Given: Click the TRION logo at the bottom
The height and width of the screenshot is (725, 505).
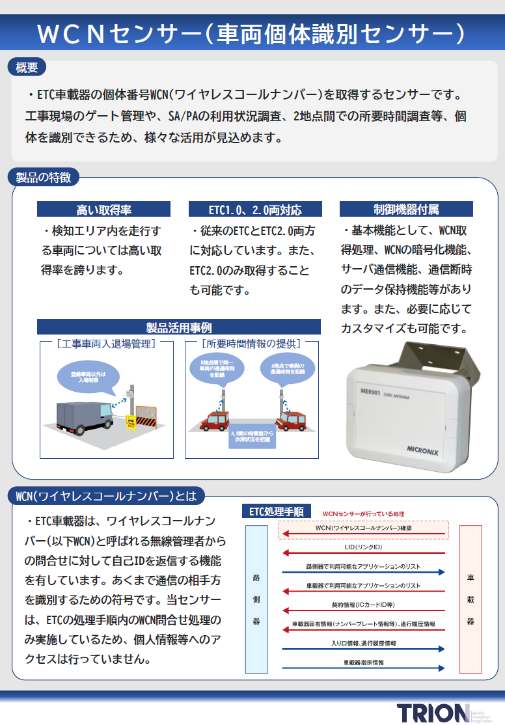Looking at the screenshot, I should click(433, 713).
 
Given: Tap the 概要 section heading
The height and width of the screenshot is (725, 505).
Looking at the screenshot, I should click(27, 66).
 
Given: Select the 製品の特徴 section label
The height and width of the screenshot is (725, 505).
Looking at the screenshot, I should click(44, 177).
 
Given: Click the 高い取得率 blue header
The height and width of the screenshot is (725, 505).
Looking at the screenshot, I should click(103, 210).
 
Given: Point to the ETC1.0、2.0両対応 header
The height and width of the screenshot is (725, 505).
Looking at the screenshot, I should click(255, 210).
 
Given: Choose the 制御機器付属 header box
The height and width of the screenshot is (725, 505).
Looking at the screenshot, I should click(406, 210).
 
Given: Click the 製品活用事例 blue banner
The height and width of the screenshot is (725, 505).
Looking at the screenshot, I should click(178, 327).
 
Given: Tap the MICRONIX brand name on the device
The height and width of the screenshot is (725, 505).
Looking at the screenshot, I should click(425, 448).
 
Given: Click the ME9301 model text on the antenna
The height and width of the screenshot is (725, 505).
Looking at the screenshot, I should click(369, 390).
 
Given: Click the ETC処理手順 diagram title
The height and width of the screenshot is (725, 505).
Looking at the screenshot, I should click(277, 512).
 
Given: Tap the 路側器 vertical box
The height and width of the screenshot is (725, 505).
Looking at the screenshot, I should click(256, 599).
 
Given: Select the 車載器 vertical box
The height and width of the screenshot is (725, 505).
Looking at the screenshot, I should click(471, 599).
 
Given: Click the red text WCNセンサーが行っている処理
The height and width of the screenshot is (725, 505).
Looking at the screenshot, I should click(363, 513).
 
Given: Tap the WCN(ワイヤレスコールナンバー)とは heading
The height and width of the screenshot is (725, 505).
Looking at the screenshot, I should click(105, 497).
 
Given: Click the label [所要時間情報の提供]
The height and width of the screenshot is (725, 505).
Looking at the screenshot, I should click(251, 343).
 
